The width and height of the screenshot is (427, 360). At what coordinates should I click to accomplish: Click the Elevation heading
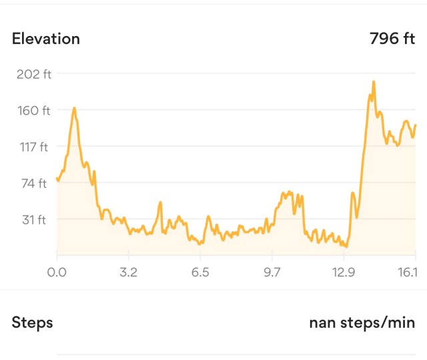tap(46, 39)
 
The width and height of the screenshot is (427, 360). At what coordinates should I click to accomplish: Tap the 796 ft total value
tap(392, 39)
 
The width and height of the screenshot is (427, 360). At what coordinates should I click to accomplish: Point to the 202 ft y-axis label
tap(34, 74)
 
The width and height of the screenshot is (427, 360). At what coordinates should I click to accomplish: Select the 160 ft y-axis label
tap(34, 110)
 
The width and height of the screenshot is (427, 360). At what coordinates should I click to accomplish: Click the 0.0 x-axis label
tap(57, 273)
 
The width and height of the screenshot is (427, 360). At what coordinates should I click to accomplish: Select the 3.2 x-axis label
tap(129, 273)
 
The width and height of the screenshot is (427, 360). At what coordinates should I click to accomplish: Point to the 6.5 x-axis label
tap(200, 273)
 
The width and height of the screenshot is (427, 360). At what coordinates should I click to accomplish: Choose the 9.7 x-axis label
tap(272, 273)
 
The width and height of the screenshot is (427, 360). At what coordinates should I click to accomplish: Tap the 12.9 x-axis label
tap(343, 273)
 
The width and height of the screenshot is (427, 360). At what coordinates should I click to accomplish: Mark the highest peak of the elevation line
tap(374, 81)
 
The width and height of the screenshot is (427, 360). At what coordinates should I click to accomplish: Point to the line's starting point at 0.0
tap(57, 178)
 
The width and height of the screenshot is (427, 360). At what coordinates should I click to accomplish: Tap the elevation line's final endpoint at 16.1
tap(415, 125)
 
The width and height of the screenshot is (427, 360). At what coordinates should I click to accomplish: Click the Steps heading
tap(32, 323)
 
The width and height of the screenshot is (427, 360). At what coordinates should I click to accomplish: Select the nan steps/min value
tap(362, 323)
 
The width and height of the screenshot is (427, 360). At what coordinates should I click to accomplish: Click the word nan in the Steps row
tap(322, 323)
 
